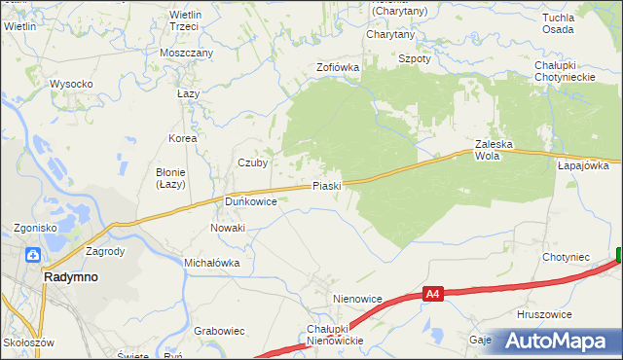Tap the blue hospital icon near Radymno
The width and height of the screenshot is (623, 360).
point(33,255)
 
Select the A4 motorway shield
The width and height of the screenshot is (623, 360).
point(434,292)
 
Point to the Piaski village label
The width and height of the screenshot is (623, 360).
point(326,186)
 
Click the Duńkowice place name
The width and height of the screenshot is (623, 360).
point(251,201)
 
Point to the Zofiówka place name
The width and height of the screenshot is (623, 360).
point(338,68)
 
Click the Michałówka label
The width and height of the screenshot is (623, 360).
point(212,263)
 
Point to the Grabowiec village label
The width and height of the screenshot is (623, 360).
point(219,331)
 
